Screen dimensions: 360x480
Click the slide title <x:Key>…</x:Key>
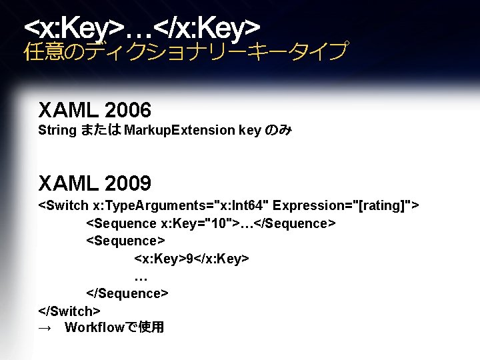141,27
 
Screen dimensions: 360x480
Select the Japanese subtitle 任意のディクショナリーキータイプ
185,51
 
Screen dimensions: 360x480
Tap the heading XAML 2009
95,182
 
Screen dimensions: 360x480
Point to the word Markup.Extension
179,130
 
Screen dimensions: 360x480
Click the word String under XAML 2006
57,130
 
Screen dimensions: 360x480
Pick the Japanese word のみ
278,130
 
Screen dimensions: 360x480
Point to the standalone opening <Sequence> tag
125,240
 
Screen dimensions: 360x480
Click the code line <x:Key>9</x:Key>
191,257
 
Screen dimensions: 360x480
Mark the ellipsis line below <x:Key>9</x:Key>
141,276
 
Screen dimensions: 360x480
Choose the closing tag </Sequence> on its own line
127,293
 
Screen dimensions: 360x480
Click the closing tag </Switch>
69,310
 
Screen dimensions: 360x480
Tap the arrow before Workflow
45,328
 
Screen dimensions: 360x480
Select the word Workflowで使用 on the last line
114,327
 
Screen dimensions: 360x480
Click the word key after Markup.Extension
249,130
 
